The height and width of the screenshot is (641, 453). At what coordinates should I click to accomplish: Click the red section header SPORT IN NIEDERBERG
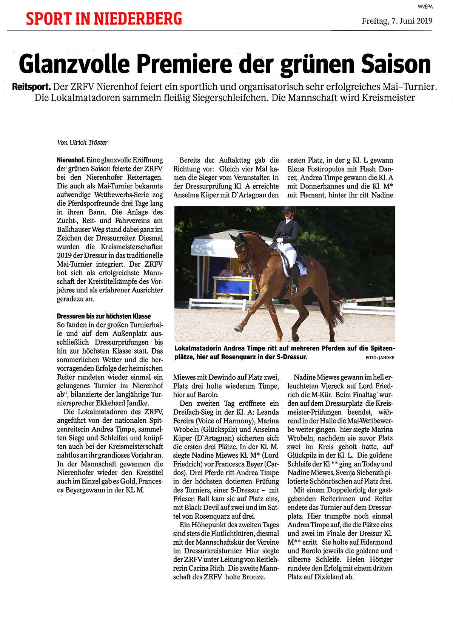click(104, 19)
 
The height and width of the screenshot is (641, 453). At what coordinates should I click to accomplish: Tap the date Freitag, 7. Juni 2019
click(397, 21)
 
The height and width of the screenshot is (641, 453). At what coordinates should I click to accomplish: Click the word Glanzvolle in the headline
click(74, 64)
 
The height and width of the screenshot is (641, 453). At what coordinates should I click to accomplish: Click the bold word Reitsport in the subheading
click(31, 86)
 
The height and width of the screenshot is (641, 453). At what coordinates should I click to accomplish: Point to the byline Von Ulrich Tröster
click(82, 142)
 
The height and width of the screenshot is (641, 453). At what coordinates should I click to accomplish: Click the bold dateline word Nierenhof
click(71, 160)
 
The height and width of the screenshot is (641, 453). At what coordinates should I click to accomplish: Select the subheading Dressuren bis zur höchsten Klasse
click(104, 316)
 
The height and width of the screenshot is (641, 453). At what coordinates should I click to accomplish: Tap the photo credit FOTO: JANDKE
click(380, 358)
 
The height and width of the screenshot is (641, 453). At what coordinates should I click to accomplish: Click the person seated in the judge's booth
click(227, 270)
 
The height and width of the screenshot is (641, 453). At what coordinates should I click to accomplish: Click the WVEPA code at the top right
click(425, 6)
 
